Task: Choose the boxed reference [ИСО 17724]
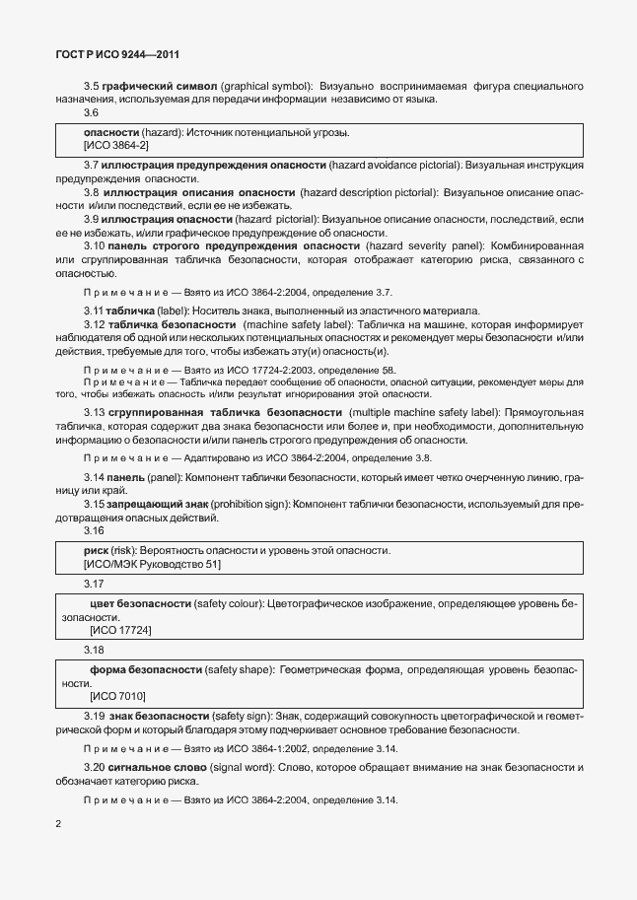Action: (x=121, y=629)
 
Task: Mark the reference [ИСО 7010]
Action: (x=116, y=696)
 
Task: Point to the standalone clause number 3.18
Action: (x=94, y=650)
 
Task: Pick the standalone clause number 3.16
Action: (x=94, y=530)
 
